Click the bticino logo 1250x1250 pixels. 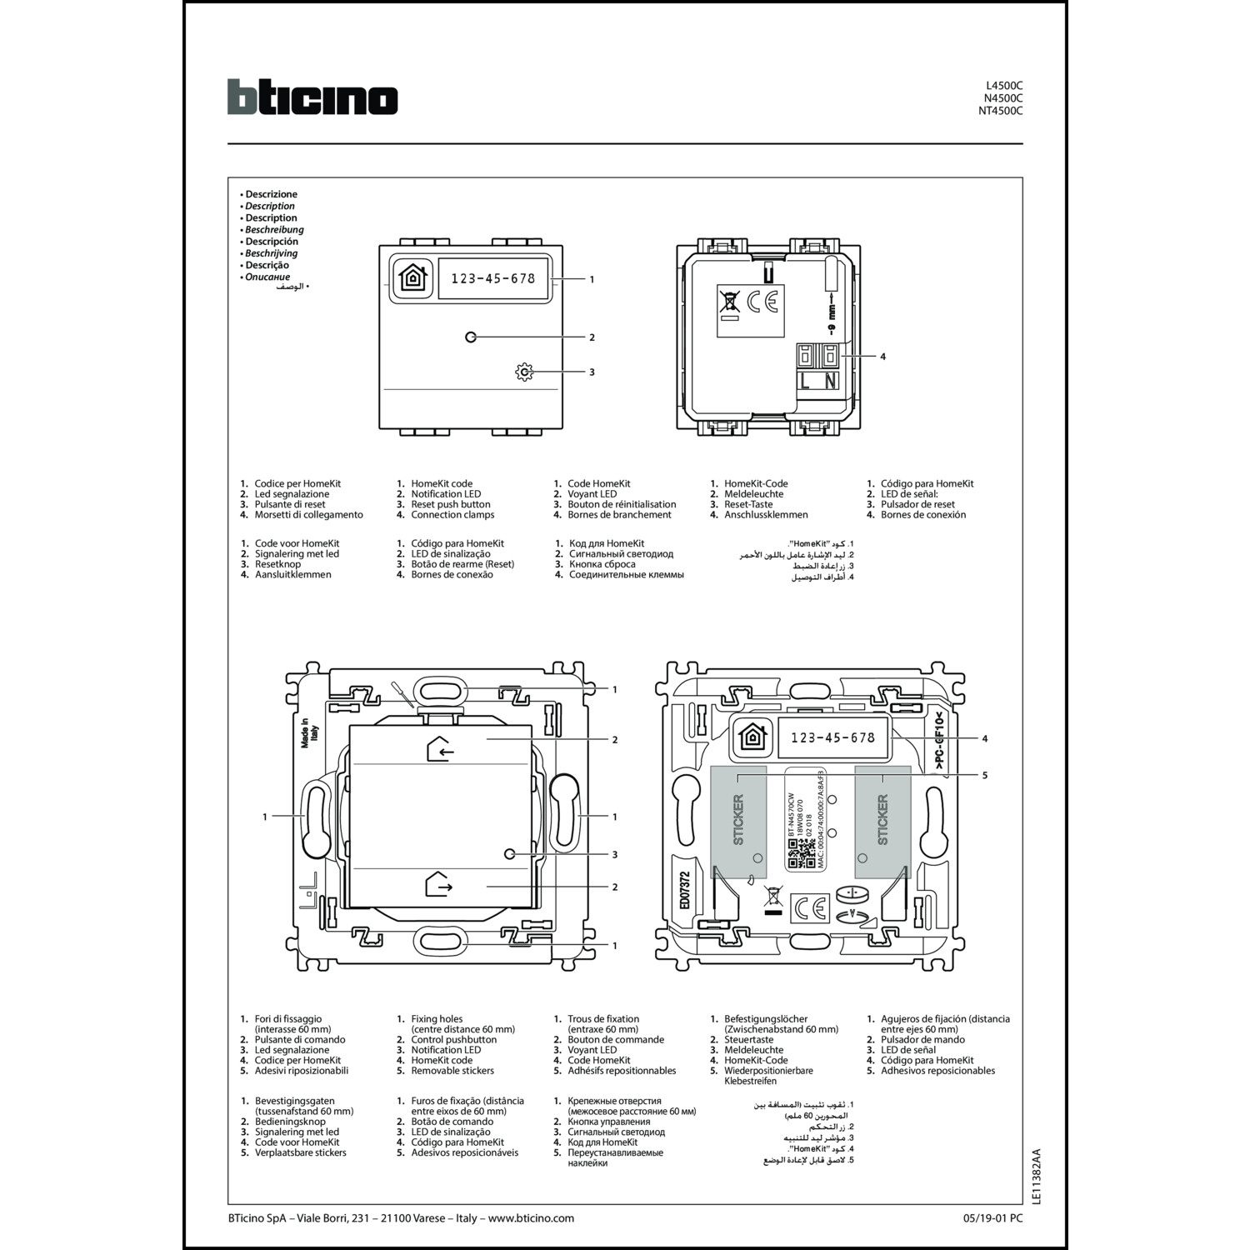tap(312, 97)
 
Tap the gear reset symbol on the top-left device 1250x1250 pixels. tap(524, 372)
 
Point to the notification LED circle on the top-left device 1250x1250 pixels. tap(471, 337)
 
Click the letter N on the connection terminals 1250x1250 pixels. tap(830, 381)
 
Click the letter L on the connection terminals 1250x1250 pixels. tap(806, 381)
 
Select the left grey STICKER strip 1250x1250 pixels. tap(738, 821)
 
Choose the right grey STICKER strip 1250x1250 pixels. tap(882, 821)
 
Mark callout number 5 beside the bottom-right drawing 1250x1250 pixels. tap(984, 775)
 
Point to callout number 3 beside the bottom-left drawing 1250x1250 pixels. tap(615, 854)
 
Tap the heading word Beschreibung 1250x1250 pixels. tap(274, 230)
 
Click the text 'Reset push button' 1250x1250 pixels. tap(450, 504)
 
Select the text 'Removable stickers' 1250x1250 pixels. tap(452, 1071)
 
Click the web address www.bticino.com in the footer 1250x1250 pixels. tap(531, 1217)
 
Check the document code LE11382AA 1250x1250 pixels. tap(1036, 1176)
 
